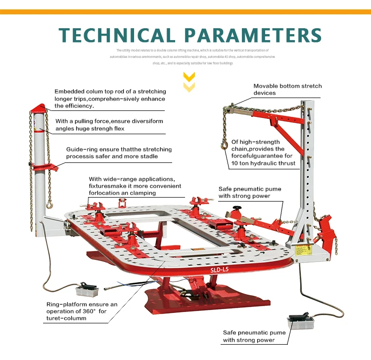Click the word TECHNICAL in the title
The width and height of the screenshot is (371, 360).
tap(116, 35)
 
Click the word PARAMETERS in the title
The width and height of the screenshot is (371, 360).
tap(252, 35)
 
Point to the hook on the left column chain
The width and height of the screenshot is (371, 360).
tap(49, 203)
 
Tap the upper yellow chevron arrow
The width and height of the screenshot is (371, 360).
tap(189, 77)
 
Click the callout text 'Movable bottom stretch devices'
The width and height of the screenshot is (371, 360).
tap(287, 89)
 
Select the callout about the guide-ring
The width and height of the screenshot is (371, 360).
tap(119, 153)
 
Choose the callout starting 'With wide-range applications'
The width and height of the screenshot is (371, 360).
tap(135, 186)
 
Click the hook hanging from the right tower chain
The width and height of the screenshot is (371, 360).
tap(224, 145)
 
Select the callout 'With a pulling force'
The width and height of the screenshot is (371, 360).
tap(109, 124)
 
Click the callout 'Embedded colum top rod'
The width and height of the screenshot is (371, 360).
tap(110, 99)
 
